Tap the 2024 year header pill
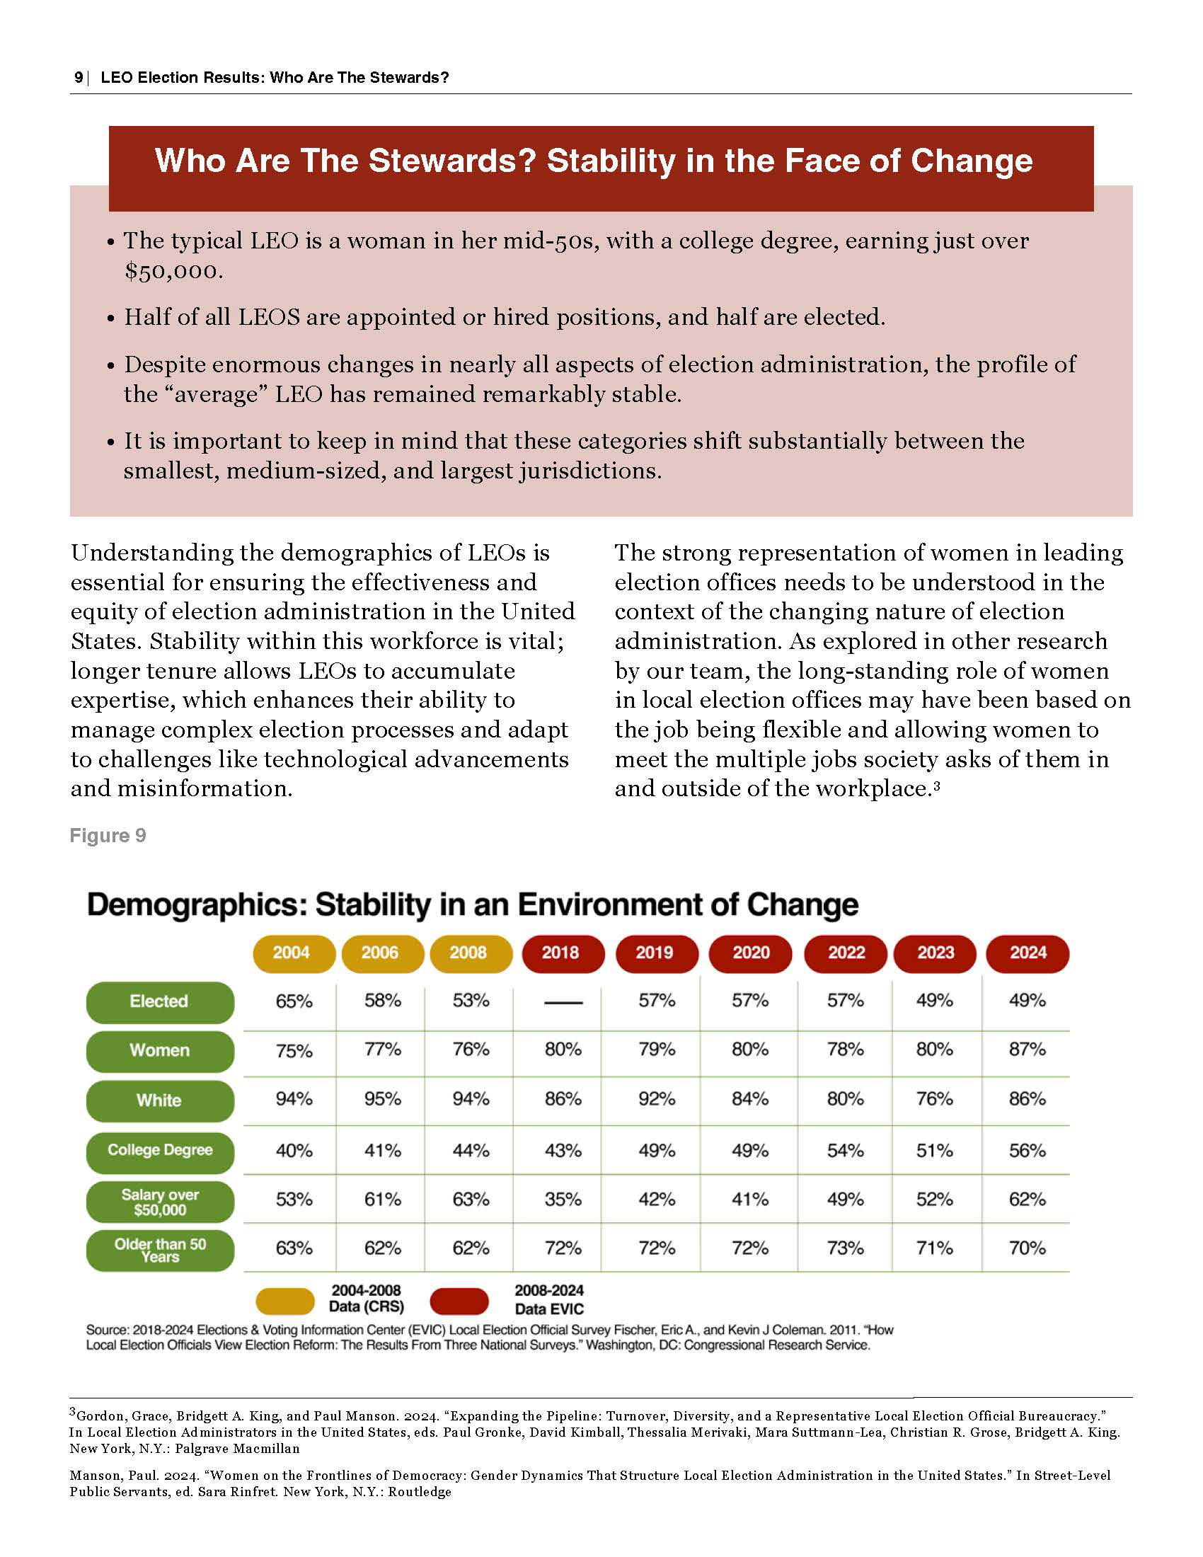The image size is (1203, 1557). click(1028, 953)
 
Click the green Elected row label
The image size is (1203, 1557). click(160, 1001)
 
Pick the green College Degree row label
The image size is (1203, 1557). click(160, 1150)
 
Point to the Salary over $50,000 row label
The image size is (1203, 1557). click(160, 1202)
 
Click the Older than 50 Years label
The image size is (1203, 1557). click(160, 1251)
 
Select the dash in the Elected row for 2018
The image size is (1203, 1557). click(563, 1002)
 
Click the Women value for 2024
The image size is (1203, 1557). click(1027, 1050)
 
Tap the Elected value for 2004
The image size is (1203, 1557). click(294, 1001)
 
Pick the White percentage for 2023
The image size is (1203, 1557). click(934, 1098)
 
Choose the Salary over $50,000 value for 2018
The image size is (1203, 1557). click(563, 1199)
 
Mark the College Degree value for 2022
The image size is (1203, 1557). click(845, 1150)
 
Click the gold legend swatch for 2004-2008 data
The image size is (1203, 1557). click(284, 1301)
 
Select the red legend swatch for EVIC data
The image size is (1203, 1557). click(459, 1301)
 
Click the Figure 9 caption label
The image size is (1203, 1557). click(108, 836)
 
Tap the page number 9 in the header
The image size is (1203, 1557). click(78, 78)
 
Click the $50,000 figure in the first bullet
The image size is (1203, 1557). click(173, 272)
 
